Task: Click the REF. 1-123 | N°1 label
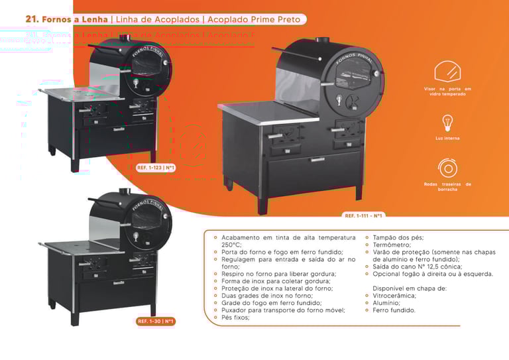pos(156,168)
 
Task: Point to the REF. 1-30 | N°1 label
pos(156,322)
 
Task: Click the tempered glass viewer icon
pos(447,71)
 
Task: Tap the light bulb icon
pos(447,123)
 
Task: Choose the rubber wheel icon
pos(447,167)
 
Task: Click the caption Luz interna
pos(447,138)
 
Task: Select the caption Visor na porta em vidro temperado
pos(447,91)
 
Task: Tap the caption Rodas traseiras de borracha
pos(447,186)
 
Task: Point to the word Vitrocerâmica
pos(395,295)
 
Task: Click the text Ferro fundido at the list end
pos(395,310)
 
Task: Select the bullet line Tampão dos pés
pos(398,237)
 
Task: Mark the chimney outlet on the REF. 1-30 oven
pos(123,193)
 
